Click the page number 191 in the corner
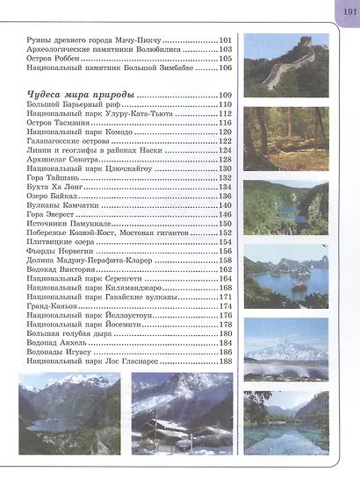pyautogui.click(x=345, y=11)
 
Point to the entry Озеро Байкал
pyautogui.click(x=52, y=196)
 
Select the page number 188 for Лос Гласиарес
pyautogui.click(x=225, y=361)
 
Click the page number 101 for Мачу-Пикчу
pyautogui.click(x=225, y=40)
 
